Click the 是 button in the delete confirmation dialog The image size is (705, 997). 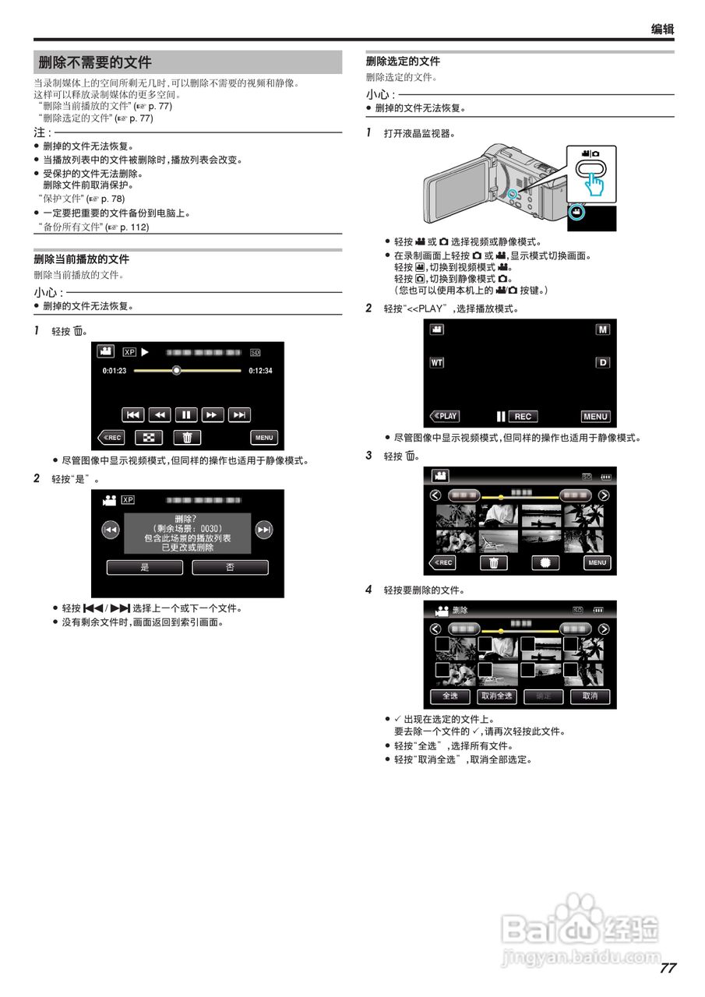point(144,568)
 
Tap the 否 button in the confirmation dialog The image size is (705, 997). point(230,568)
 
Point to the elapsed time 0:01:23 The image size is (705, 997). point(115,371)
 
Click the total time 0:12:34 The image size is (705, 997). point(260,371)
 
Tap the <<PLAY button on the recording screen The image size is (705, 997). point(445,417)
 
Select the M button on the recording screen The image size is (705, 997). point(602,329)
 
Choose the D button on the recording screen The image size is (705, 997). point(602,363)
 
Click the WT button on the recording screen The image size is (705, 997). point(437,363)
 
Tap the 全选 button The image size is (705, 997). point(449,696)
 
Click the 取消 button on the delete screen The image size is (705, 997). point(590,696)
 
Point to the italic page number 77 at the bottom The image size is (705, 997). point(667,968)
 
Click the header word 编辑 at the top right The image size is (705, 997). point(662,30)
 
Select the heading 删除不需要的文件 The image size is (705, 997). point(95,63)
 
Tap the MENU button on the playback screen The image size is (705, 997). point(264,438)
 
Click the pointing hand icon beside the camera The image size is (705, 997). point(595,185)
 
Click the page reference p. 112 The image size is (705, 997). point(134,227)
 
